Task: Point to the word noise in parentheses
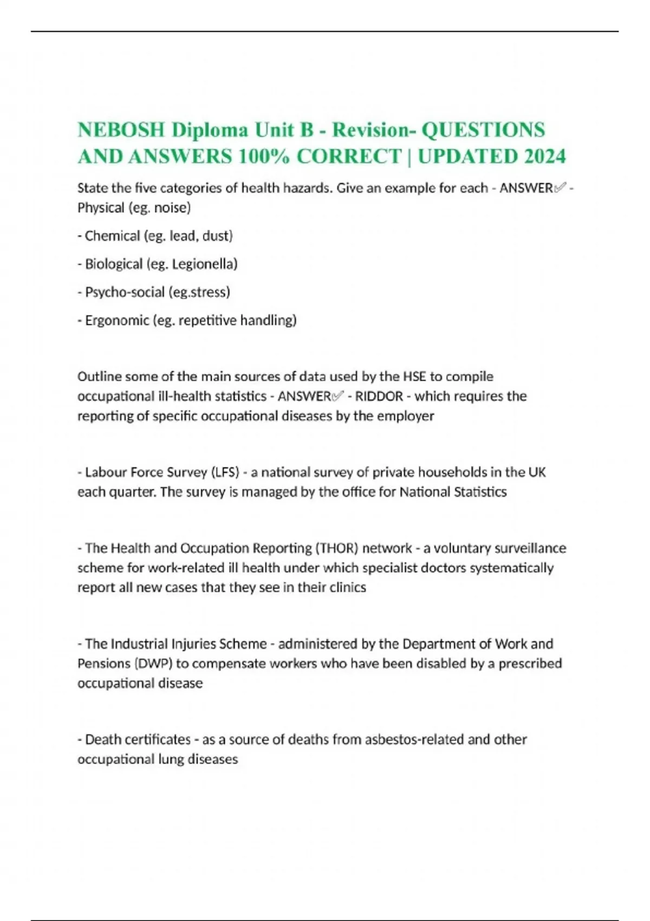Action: [172, 207]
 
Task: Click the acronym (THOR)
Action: [336, 548]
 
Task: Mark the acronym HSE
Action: [414, 377]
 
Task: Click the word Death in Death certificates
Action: [103, 740]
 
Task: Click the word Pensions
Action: [103, 664]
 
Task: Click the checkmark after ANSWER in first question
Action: [560, 188]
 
